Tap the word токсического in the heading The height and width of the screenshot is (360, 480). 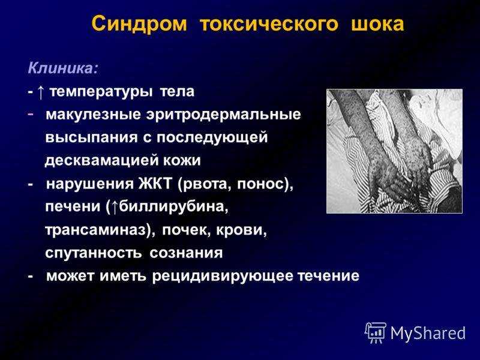pos(269,24)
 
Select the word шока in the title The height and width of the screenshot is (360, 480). pos(378,24)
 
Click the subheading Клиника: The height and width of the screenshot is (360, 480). pos(64,68)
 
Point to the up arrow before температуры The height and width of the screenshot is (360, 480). pos(41,92)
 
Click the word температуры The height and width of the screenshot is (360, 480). pos(101,92)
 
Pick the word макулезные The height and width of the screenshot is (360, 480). pos(94,115)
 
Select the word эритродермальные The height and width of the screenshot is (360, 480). pos(224,115)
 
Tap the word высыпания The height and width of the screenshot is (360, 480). pos(92,137)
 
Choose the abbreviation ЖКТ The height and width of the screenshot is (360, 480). pos(156,184)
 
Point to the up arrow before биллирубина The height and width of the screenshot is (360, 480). pos(114,206)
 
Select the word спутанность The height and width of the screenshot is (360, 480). pos(94,253)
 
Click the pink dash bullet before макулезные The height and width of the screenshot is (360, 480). pos(31,113)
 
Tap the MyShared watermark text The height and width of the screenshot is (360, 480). pos(428,332)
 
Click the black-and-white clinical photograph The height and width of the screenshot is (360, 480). pos(395,151)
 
